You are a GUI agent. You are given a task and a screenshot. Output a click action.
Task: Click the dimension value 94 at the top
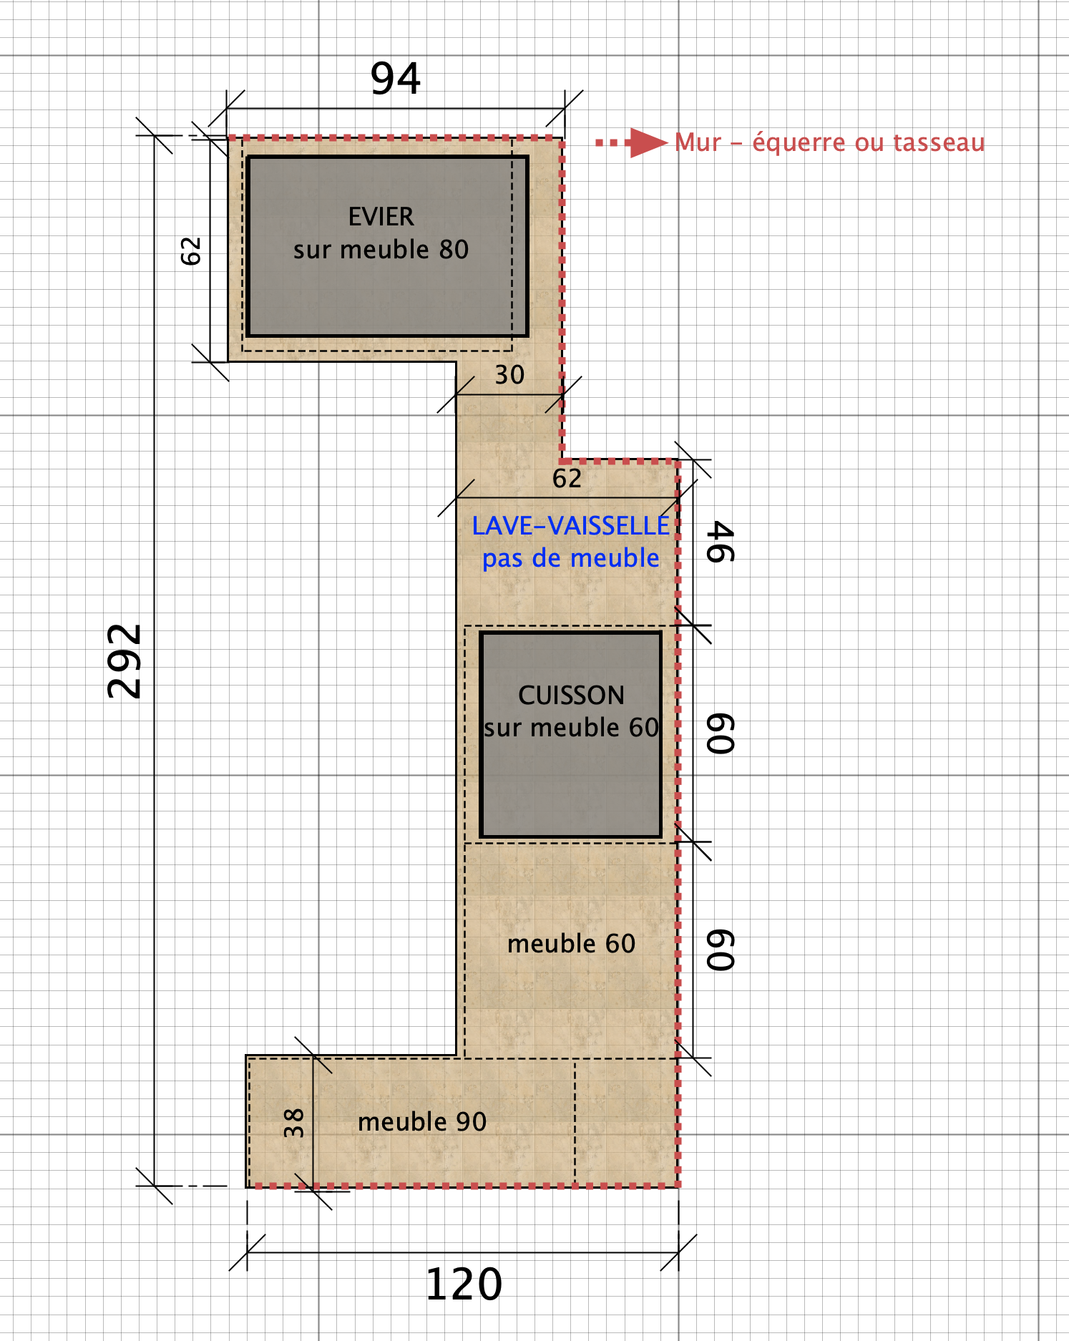tap(396, 78)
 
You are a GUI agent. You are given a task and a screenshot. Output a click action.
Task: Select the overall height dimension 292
tap(125, 661)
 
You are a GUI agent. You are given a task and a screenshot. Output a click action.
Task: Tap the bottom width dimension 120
tap(464, 1284)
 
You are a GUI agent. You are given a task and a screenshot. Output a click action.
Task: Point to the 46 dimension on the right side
tap(721, 542)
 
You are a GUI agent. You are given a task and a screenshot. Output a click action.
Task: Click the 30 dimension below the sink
tap(509, 375)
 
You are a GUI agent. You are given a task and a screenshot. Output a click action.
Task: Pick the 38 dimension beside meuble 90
tap(294, 1123)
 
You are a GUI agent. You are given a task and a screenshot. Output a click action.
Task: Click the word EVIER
tap(381, 217)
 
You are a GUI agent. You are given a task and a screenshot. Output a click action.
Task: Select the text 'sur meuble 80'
tap(381, 250)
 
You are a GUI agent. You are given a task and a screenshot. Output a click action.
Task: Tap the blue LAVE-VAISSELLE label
tap(570, 526)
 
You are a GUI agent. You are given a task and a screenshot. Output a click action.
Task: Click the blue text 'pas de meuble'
tap(570, 558)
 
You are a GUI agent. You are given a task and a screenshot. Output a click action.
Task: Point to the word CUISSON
tap(571, 695)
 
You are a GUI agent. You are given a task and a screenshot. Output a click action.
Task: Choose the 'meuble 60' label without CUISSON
tap(571, 944)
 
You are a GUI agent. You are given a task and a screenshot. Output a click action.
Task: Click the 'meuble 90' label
tap(422, 1121)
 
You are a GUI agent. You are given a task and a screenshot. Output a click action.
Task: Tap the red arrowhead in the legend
tap(648, 142)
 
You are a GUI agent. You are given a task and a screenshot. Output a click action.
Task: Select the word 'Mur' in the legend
tap(698, 142)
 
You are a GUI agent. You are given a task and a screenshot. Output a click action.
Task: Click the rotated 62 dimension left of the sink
tap(191, 251)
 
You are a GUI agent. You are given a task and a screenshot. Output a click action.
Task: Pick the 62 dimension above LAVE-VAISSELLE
tap(567, 479)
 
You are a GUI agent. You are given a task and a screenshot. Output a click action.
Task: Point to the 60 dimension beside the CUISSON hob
tap(721, 733)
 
